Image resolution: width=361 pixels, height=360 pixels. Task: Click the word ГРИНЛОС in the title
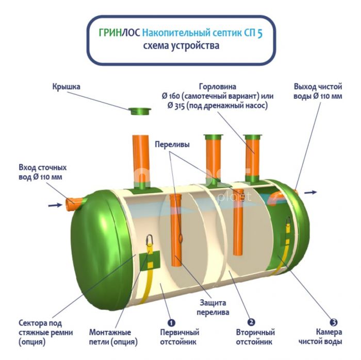(118, 33)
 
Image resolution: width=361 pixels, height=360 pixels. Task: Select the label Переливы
(172, 145)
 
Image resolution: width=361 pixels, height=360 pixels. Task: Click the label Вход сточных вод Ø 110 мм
(43, 173)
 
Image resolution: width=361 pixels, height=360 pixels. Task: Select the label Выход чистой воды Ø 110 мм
(318, 91)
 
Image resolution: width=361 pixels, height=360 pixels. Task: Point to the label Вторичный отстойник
(255, 337)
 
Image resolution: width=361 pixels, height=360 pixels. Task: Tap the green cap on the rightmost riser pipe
(254, 137)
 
